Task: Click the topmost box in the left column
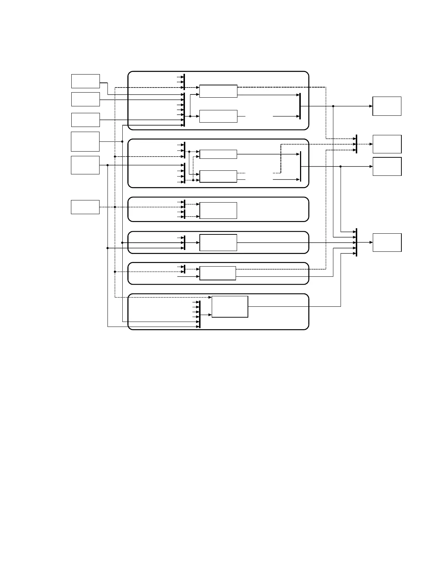[x=85, y=81]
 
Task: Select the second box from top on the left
[x=85, y=99]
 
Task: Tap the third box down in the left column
[x=85, y=120]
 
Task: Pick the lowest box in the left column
[x=85, y=207]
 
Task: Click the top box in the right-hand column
[x=387, y=106]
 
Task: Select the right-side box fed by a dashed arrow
[x=387, y=144]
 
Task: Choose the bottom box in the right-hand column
[x=387, y=242]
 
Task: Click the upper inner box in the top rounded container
[x=218, y=91]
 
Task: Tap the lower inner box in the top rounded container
[x=218, y=116]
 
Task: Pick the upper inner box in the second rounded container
[x=218, y=154]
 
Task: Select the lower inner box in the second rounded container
[x=218, y=176]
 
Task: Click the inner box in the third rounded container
[x=218, y=210]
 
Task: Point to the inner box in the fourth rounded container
[x=218, y=242]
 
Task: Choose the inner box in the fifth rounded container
[x=218, y=273]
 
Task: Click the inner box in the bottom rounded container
[x=230, y=307]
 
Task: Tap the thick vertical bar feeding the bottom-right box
[x=356, y=242]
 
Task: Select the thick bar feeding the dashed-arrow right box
[x=356, y=144]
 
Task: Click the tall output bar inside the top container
[x=300, y=106]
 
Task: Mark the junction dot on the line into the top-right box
[x=333, y=106]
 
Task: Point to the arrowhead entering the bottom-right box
[x=371, y=242]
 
